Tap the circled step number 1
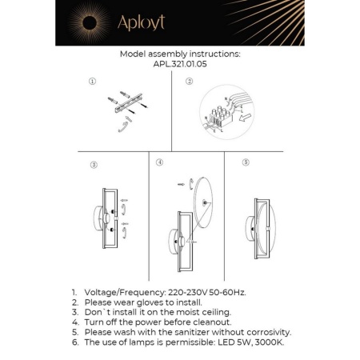point(93,82)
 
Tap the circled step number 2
point(190,82)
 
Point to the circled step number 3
point(94,165)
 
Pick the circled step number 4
point(160,162)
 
